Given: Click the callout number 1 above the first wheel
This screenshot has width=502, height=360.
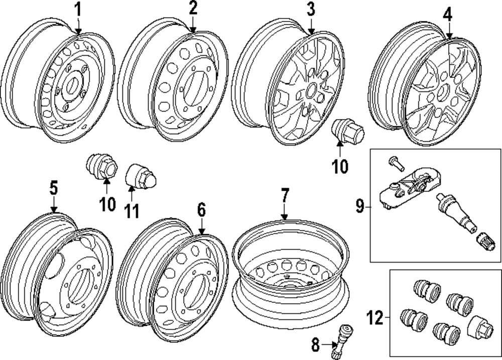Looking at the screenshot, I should pyautogui.click(x=78, y=9).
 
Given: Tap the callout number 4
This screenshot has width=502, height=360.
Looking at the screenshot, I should pyautogui.click(x=447, y=15).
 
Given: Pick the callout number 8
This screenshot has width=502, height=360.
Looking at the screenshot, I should pyautogui.click(x=315, y=344).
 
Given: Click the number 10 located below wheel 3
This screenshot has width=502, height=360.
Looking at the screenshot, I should pyautogui.click(x=340, y=166).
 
